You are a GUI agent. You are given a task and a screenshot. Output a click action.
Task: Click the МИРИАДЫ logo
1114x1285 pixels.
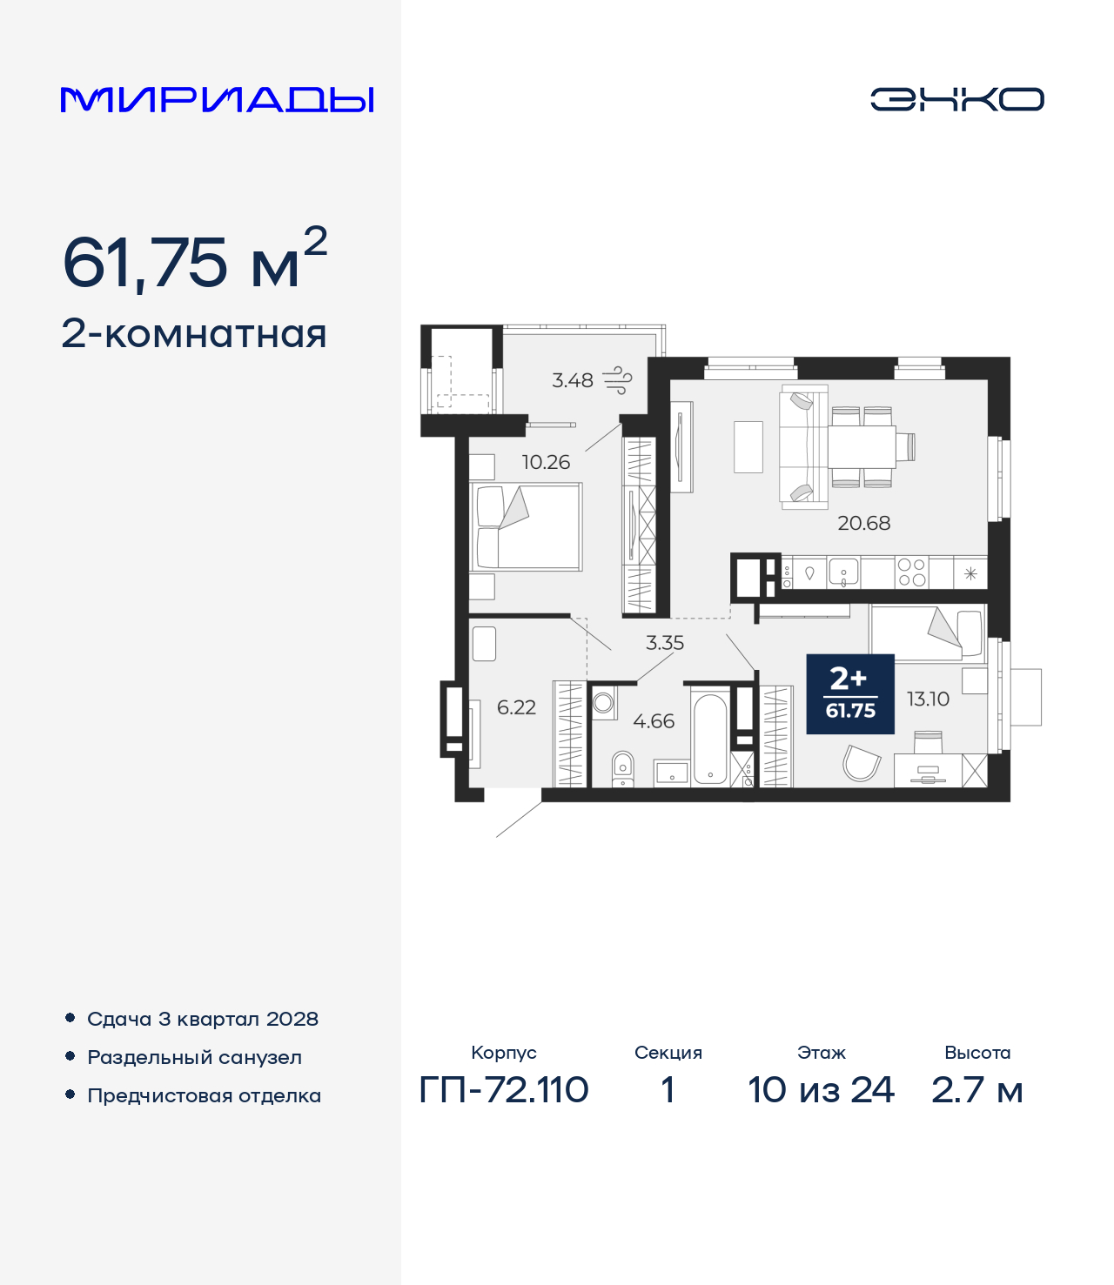point(218,99)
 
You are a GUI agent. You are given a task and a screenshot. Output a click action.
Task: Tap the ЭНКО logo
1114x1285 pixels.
point(956,99)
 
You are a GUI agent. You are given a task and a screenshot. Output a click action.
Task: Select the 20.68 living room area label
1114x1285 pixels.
point(863,523)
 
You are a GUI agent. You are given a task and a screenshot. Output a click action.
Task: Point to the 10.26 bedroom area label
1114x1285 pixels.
point(546,463)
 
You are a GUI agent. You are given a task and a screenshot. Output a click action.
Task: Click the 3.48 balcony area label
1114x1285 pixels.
point(573,380)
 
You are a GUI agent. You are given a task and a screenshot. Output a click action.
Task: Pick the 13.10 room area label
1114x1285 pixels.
point(928,699)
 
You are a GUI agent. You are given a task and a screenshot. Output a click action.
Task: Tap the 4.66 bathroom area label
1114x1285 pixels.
point(654,721)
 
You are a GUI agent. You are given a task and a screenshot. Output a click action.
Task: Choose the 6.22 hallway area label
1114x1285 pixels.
point(516,707)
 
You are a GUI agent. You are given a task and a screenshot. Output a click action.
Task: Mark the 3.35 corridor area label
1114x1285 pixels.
point(665,643)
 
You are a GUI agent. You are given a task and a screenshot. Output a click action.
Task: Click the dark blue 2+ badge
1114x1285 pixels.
point(850,693)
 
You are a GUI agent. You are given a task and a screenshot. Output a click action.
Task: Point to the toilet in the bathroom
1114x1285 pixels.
point(622,767)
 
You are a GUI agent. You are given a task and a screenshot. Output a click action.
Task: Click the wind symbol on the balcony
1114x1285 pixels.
point(618,380)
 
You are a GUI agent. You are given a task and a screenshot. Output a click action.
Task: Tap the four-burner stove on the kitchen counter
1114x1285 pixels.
point(911,572)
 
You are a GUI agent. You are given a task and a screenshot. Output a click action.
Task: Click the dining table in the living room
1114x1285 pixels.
point(862,446)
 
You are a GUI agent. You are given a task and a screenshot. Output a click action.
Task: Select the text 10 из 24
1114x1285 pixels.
point(821,1089)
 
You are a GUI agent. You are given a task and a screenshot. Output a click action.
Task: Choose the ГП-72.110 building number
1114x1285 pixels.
point(504,1089)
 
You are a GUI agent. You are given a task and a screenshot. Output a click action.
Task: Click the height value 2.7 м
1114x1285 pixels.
point(976,1089)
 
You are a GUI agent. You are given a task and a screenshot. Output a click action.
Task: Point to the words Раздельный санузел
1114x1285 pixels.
point(194,1057)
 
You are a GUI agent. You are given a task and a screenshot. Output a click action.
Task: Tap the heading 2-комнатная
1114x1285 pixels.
point(194,334)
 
